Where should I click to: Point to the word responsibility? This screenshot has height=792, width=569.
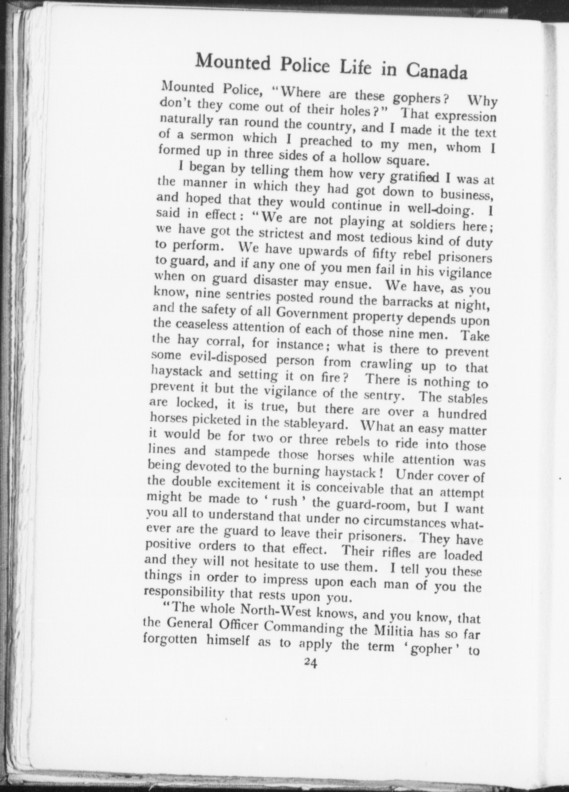(185, 593)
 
